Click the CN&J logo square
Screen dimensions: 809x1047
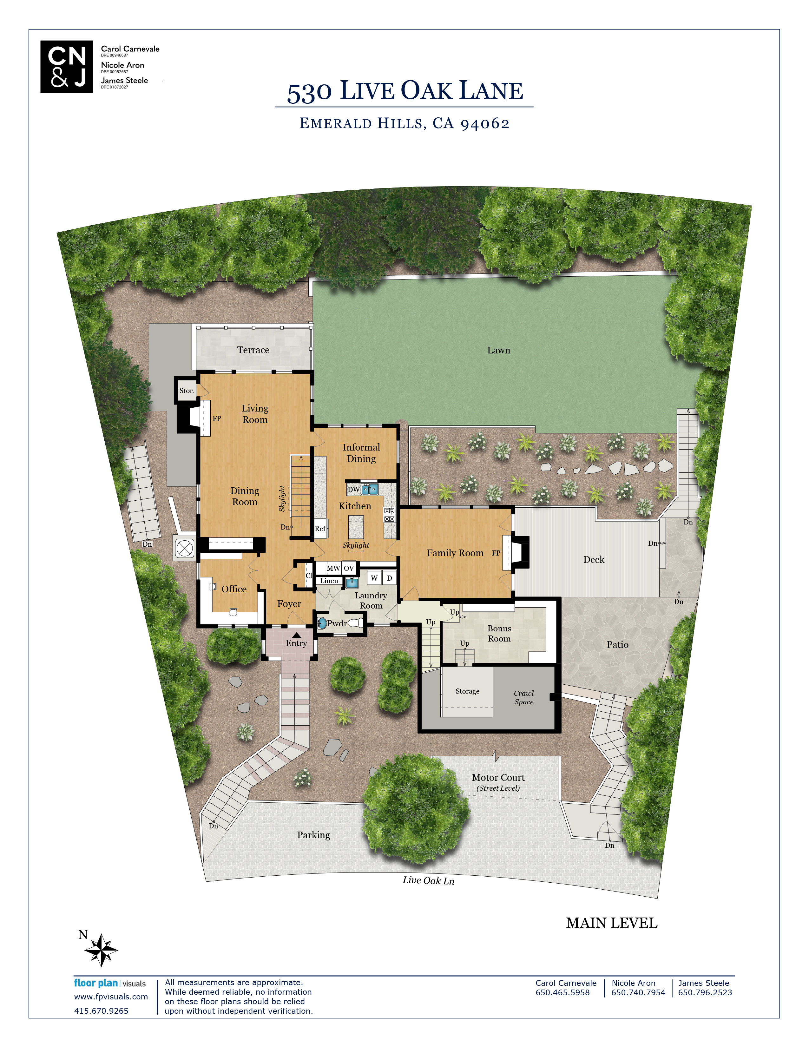coord(67,67)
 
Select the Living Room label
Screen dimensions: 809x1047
coord(255,414)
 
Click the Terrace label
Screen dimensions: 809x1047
coord(253,350)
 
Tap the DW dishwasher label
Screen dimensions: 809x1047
coord(354,490)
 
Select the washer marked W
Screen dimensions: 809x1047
coord(374,578)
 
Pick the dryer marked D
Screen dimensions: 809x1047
coord(390,578)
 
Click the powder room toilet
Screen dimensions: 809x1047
coord(355,623)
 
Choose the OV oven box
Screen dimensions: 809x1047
coord(349,568)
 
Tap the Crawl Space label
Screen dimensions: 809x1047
coord(524,697)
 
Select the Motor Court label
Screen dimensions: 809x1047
coord(498,778)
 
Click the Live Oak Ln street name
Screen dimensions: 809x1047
coord(429,880)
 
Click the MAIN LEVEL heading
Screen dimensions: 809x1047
coord(612,923)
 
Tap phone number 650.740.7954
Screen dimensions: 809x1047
coord(638,992)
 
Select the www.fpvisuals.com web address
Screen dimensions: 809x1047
coord(111,997)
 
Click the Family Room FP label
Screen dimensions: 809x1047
coord(496,553)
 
